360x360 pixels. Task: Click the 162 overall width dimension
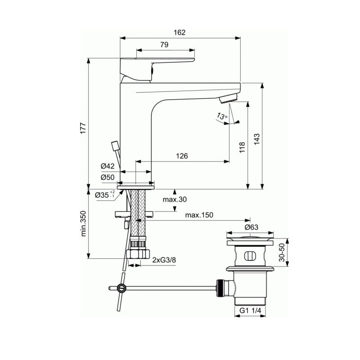coord(179,32)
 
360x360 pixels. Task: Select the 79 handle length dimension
coord(164,45)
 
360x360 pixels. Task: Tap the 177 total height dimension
coord(83,128)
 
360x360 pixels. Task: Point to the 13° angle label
coord(222,116)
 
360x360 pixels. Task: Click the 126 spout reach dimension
coord(182,156)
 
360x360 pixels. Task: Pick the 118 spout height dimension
coord(242,148)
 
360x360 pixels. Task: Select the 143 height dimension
coord(256,139)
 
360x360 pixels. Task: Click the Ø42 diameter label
coord(108,166)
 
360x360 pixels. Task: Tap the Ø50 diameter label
coord(108,177)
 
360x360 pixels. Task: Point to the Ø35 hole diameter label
coord(105,195)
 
